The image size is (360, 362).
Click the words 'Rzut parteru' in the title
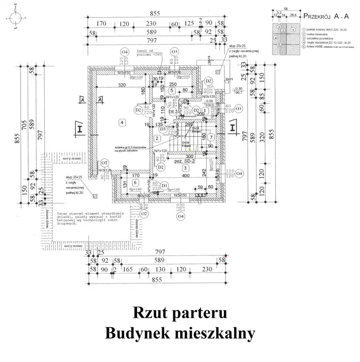(180, 312)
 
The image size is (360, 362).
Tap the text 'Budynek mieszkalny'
(180, 333)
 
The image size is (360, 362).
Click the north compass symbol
(16, 18)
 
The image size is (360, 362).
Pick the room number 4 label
(122, 122)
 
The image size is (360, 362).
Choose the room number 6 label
(135, 182)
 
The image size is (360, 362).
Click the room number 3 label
(185, 167)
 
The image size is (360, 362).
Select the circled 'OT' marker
(105, 163)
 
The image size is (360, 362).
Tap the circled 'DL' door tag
(172, 111)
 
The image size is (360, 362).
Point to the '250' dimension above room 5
(172, 84)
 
